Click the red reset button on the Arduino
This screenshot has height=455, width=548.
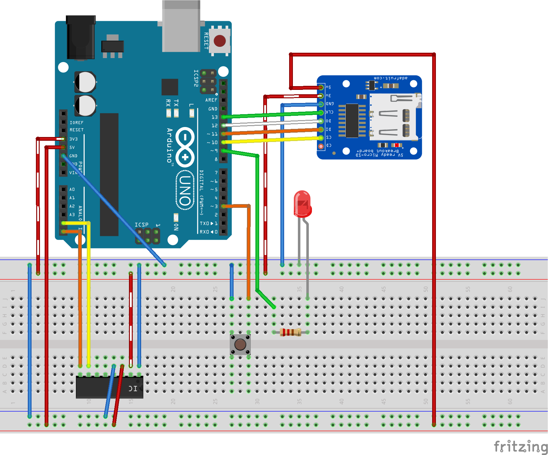click(220, 41)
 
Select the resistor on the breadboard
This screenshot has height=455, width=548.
click(290, 332)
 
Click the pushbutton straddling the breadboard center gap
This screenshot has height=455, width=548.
click(240, 345)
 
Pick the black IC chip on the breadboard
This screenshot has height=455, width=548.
click(109, 387)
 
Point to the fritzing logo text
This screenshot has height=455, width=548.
click(520, 446)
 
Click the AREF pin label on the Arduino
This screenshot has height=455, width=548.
click(211, 100)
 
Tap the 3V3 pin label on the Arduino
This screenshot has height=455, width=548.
click(73, 139)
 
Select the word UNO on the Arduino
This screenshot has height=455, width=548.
click(185, 190)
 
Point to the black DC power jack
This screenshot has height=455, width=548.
click(81, 37)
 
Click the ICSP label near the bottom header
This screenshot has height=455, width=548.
click(141, 225)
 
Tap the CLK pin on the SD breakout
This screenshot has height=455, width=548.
click(321, 112)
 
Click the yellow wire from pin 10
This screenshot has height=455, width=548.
click(272, 140)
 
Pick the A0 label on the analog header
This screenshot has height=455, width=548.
click(72, 189)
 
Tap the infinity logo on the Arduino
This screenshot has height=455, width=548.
click(185, 147)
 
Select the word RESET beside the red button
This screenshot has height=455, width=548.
click(206, 41)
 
